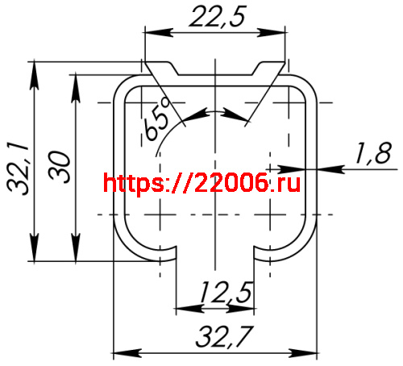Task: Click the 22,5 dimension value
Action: (218, 17)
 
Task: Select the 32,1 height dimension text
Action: (18, 168)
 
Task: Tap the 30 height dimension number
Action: (60, 167)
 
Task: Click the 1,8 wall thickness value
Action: (373, 153)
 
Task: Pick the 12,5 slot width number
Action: (226, 293)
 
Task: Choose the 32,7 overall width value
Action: (225, 336)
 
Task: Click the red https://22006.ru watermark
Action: (201, 183)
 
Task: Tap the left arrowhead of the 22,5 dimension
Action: (159, 32)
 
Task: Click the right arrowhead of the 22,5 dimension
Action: (272, 32)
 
